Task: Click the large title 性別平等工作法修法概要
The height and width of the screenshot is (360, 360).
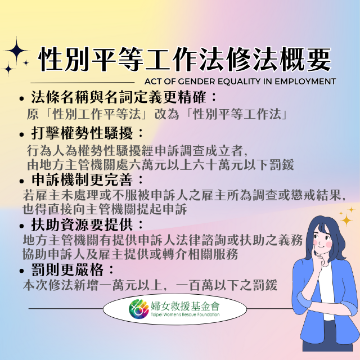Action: coord(184,60)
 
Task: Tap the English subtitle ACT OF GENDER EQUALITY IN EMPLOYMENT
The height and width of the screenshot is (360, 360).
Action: coord(240,82)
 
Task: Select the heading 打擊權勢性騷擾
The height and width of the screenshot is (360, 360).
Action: coord(82,133)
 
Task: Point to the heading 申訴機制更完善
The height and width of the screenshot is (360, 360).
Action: coord(82,179)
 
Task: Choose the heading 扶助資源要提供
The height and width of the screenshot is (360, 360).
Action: coord(82,224)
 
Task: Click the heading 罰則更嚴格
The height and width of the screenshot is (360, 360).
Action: coord(67,270)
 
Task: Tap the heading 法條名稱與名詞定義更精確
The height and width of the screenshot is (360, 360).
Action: coord(119,97)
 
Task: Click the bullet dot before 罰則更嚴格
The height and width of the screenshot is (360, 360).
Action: coord(22,271)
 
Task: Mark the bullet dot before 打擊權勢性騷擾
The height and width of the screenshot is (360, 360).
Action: coord(22,134)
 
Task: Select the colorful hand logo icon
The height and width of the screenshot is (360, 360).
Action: coord(139,309)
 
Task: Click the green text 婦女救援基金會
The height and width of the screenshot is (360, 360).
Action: coord(185,305)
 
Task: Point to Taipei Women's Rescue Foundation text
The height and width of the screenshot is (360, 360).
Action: coord(185,314)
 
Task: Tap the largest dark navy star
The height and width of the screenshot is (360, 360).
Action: coord(16,50)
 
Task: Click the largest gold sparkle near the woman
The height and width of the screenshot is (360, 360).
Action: coord(346,220)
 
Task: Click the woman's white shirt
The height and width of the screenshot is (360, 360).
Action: coord(326,291)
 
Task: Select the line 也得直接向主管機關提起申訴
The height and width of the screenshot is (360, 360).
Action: coord(105,209)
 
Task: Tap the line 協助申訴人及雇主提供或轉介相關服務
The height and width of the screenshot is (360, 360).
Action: coord(130,254)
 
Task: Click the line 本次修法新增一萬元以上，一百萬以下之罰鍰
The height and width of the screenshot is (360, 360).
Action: coord(150,285)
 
